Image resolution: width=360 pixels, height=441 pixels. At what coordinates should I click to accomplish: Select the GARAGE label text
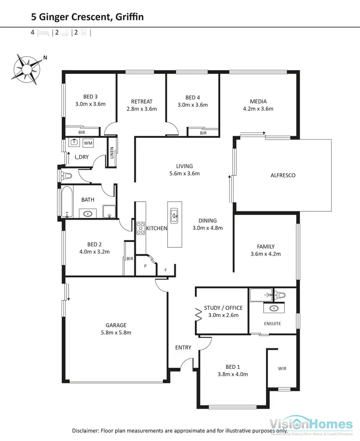(116, 325)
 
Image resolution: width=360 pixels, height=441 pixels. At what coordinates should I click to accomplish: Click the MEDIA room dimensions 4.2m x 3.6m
(258, 109)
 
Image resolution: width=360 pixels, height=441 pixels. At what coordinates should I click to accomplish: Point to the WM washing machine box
(88, 143)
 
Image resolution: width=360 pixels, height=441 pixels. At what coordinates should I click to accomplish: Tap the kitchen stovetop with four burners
(141, 228)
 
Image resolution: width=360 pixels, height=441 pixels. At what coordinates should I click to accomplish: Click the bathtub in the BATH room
(67, 201)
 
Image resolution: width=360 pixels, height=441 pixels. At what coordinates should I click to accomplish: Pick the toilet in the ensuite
(279, 294)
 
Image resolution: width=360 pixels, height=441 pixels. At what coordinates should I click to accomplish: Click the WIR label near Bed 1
(282, 369)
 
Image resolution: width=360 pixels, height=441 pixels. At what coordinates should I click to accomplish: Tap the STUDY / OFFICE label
(223, 308)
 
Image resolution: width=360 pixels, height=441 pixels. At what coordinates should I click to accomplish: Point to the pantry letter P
(145, 266)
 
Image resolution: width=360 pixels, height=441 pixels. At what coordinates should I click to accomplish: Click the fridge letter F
(166, 270)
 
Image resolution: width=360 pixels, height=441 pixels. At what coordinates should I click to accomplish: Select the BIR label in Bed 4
(203, 133)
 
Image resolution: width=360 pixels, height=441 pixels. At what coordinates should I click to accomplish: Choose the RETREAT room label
(142, 101)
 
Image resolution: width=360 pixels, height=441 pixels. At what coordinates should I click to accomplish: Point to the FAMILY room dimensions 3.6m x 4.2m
(265, 254)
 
